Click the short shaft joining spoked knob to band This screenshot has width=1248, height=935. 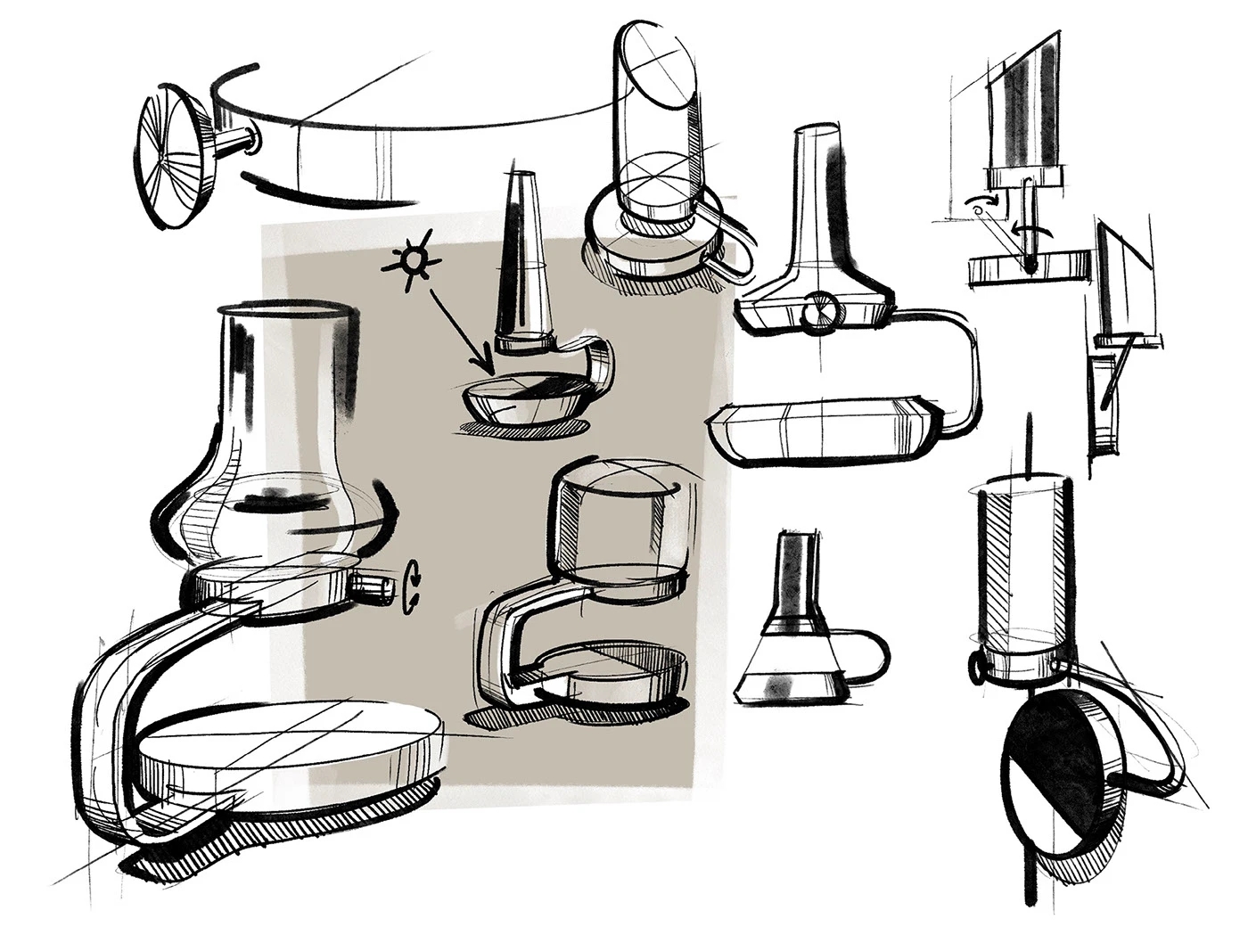[x=235, y=140]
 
